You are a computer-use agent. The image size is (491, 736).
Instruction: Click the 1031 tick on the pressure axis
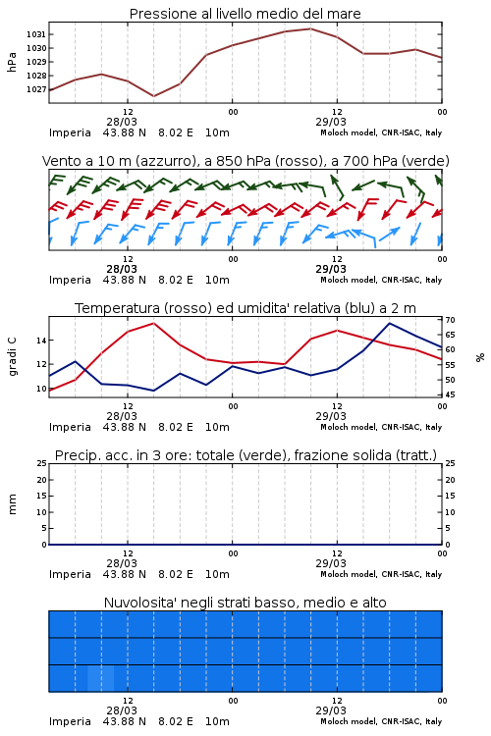tap(35, 34)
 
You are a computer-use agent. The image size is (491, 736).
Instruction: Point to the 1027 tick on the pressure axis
tap(35, 89)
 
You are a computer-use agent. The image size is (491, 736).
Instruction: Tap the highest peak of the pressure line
tap(310, 28)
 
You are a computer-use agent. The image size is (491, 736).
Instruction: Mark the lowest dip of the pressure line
tap(153, 96)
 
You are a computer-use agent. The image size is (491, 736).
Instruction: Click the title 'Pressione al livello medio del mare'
tap(245, 14)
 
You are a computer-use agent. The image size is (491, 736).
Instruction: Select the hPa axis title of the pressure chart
tap(12, 62)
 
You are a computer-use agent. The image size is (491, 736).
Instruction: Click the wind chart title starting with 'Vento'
tap(245, 161)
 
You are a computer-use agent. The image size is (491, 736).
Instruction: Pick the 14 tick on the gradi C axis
tap(41, 340)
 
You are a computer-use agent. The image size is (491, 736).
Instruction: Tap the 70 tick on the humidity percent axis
tap(450, 320)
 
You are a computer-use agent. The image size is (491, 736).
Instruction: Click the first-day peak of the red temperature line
tap(153, 323)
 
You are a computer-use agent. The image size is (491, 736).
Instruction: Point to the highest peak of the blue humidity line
tap(390, 323)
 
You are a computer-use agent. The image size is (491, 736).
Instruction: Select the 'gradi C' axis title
tap(12, 357)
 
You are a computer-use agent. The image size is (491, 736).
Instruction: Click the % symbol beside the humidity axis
tap(480, 357)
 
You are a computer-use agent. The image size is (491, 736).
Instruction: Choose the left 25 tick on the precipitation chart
tap(41, 463)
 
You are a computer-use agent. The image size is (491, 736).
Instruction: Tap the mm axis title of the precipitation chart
tap(12, 504)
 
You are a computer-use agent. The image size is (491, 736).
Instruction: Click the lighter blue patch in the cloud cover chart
tap(101, 678)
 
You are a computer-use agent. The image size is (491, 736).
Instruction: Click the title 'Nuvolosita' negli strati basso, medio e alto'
tap(245, 603)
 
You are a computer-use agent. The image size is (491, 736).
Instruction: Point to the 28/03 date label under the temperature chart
tap(122, 416)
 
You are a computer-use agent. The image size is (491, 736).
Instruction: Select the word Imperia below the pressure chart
tap(70, 132)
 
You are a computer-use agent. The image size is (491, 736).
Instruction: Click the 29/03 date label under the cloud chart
tap(331, 710)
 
